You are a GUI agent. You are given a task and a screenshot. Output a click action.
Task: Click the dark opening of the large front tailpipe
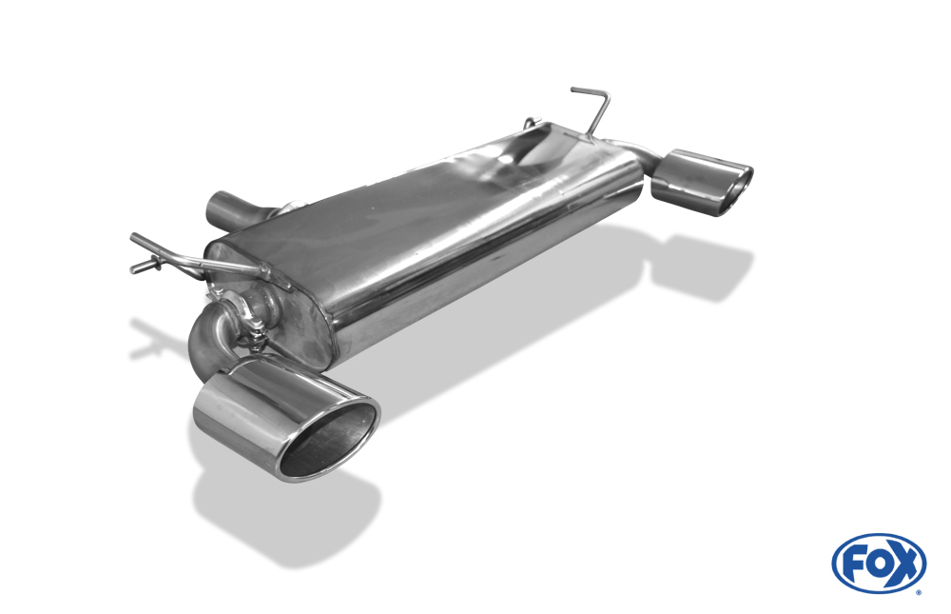tap(331, 441)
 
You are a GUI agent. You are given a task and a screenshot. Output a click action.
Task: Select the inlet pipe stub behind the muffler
tap(230, 209)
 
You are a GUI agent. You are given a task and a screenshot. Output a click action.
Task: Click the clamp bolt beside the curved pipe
tap(258, 334)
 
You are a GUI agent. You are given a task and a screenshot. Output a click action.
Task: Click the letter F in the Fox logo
tap(858, 564)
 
